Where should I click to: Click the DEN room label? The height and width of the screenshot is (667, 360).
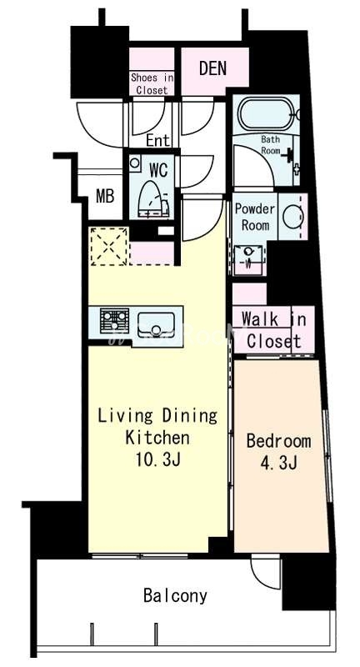213,69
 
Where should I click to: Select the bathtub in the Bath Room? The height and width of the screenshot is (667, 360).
267,113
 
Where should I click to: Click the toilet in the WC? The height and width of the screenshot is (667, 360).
153,198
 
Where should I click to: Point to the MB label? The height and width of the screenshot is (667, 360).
104,197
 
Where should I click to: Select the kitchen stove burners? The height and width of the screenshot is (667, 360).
114,320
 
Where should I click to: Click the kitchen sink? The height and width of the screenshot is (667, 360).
156,324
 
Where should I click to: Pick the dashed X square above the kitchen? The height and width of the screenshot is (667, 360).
108,246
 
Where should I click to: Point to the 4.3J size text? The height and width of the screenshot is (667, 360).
278,464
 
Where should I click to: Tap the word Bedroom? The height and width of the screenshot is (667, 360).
278,441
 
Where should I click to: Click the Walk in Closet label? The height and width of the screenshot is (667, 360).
273,330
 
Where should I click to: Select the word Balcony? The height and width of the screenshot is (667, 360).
175,595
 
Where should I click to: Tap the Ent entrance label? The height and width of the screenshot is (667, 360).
157,140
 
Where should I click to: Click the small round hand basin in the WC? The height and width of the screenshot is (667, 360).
135,163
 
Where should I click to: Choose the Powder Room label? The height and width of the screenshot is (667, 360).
255,217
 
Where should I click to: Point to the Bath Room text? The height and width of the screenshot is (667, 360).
270,144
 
